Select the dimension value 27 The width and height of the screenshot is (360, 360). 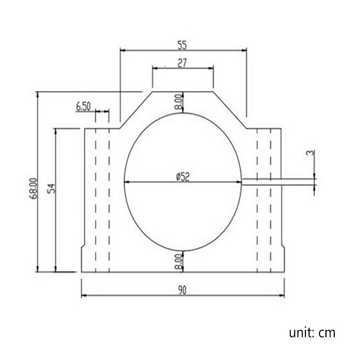pyautogui.click(x=182, y=63)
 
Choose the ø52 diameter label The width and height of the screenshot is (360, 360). pyautogui.click(x=182, y=177)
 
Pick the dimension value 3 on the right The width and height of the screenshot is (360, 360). pyautogui.click(x=309, y=153)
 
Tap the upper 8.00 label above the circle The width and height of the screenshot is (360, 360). pyautogui.click(x=178, y=102)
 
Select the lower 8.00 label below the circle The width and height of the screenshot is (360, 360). pyautogui.click(x=178, y=261)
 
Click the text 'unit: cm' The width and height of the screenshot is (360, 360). pyautogui.click(x=312, y=333)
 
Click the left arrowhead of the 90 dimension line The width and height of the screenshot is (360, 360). pyautogui.click(x=84, y=296)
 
